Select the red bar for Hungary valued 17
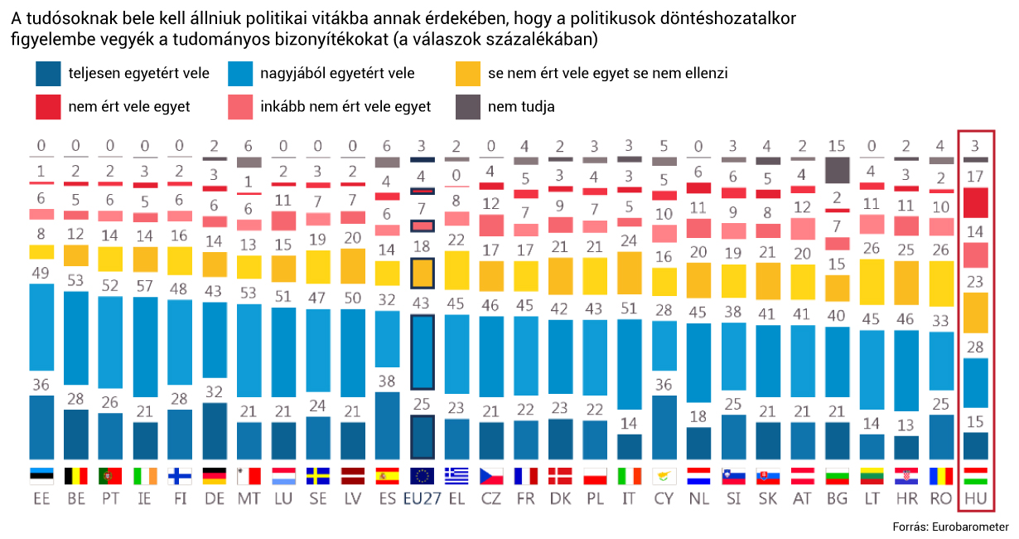976,202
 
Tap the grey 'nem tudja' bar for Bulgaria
838,170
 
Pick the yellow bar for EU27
423,272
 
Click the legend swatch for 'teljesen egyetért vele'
49,74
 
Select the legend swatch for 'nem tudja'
468,106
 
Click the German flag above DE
215,476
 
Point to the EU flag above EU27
423,476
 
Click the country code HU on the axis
976,499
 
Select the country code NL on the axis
699,499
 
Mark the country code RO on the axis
942,499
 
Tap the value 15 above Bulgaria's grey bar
838,147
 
